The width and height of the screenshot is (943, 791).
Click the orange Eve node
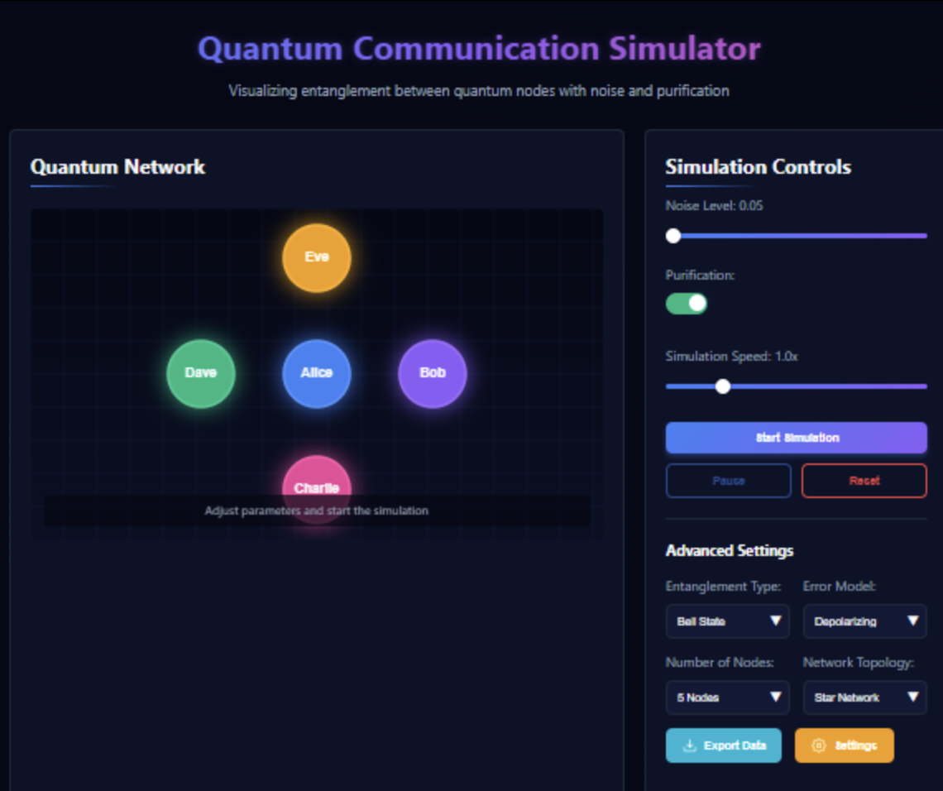[x=317, y=257]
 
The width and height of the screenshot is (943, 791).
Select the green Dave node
[x=201, y=373]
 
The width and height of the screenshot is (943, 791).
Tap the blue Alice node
[x=317, y=373]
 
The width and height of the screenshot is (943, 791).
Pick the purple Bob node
[x=433, y=373]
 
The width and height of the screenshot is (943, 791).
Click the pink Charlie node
[x=317, y=477]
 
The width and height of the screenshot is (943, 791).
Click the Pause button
[x=728, y=481]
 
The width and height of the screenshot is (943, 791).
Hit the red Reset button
[x=864, y=481]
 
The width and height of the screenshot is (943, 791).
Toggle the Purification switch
[x=687, y=304]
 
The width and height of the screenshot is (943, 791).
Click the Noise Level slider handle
[x=673, y=236]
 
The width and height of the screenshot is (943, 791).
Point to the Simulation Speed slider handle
[x=723, y=386]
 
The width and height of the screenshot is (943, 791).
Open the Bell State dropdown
[x=727, y=621]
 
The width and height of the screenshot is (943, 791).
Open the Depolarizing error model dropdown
[x=864, y=621]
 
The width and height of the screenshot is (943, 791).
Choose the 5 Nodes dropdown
[x=727, y=698]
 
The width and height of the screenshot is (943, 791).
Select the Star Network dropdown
[x=864, y=698]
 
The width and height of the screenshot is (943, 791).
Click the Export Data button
[x=723, y=745]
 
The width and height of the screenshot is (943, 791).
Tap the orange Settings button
[x=844, y=745]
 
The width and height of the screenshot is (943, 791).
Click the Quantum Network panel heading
[x=117, y=167]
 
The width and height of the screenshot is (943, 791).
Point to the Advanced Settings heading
[x=730, y=551]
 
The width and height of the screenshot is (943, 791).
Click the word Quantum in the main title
[x=270, y=49]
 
